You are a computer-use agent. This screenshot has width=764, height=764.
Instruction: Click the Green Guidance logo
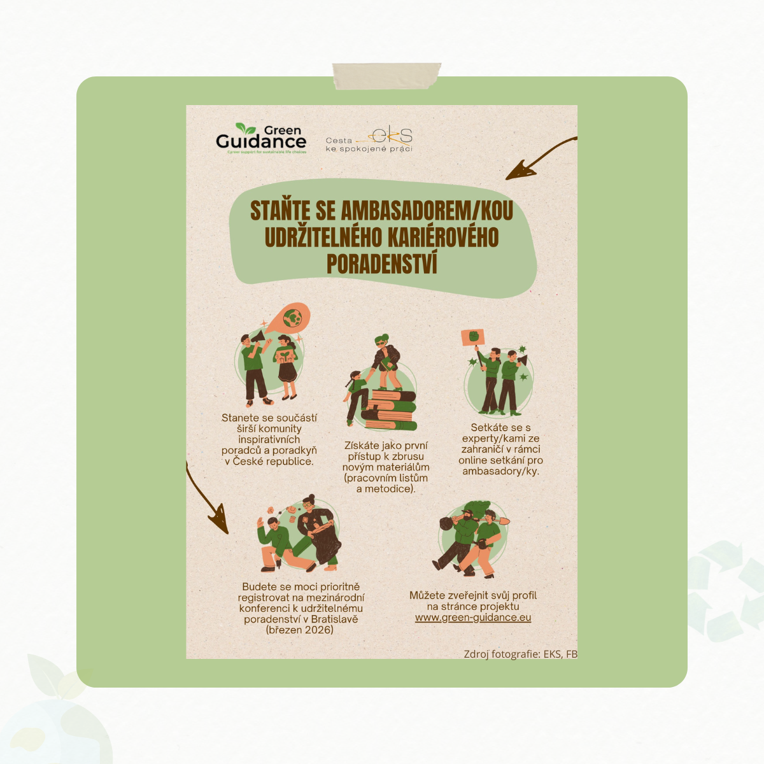coord(261,138)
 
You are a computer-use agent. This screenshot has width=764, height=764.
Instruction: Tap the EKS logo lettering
coord(392,135)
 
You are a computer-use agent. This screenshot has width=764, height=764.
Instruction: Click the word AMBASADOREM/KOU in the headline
coord(427,211)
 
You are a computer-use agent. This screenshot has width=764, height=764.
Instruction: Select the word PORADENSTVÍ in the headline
coord(381,264)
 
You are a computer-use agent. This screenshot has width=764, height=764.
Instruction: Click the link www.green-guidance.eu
coord(473,618)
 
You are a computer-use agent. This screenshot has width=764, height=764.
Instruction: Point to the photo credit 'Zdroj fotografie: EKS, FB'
coord(520,654)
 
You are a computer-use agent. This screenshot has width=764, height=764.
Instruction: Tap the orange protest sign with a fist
coord(473,337)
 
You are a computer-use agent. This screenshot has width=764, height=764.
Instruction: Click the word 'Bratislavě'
coord(334,619)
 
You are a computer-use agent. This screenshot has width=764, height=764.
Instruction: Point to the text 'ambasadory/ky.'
coord(500,471)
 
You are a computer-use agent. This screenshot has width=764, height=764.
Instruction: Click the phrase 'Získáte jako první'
coord(386,446)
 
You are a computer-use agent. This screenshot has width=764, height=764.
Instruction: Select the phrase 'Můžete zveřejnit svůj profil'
coord(473,596)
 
